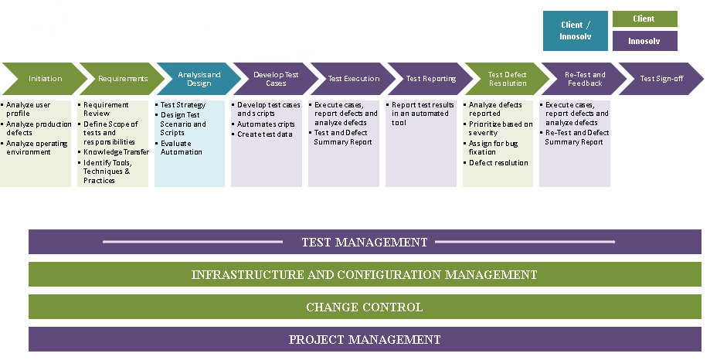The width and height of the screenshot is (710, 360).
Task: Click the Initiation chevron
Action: coord(45,79)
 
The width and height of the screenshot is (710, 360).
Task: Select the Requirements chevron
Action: coord(122,79)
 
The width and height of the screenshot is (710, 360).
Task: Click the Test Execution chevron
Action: coord(353,79)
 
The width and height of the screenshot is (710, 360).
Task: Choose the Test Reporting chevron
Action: coord(430,79)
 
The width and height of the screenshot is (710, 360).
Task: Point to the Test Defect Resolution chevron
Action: coord(507,79)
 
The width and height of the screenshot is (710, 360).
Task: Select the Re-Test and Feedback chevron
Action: coord(584,79)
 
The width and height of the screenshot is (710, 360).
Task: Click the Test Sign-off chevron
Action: coord(661,79)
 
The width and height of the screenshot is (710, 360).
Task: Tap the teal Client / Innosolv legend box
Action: coord(575,31)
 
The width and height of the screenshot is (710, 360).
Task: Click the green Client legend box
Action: coord(644,19)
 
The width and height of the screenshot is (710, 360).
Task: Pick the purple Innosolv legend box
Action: coord(644,41)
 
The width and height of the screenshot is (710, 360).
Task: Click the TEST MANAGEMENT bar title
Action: coord(364,243)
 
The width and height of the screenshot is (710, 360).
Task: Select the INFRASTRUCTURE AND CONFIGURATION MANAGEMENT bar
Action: coord(364,274)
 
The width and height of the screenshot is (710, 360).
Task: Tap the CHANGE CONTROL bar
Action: coord(364,307)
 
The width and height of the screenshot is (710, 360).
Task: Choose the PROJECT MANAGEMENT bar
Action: coord(364,339)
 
